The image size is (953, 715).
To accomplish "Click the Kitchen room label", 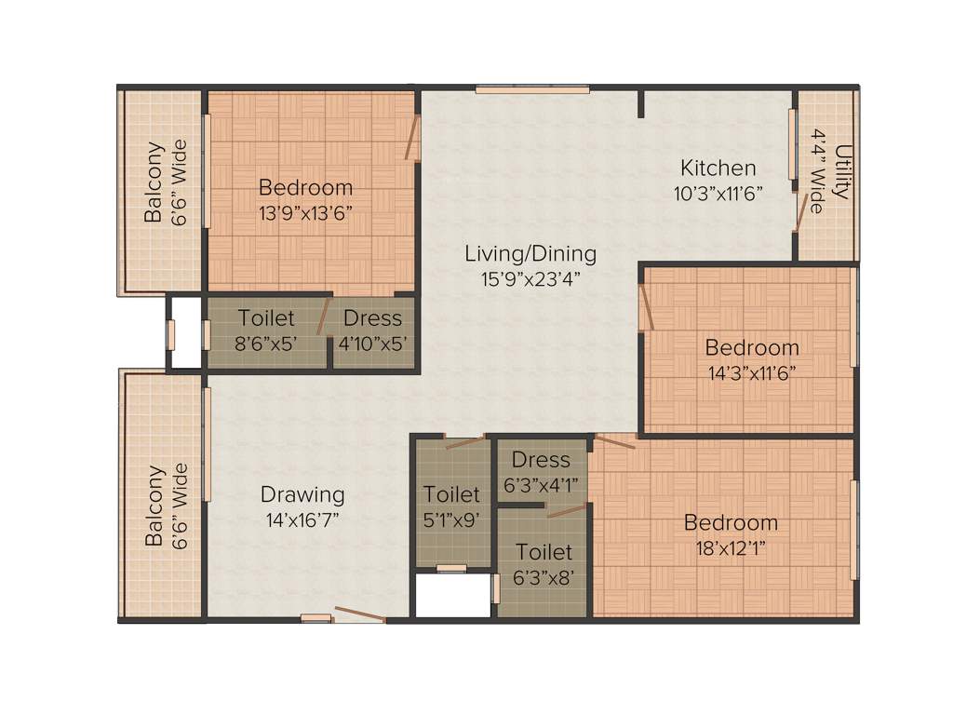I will coord(718,169).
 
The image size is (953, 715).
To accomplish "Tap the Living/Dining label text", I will coord(530,253).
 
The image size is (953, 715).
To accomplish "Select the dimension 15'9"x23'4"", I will coord(530,277).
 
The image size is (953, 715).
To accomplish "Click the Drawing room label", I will coord(302,494).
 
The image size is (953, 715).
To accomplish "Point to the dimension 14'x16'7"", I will coord(302,519).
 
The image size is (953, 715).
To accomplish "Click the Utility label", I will coord(842,171).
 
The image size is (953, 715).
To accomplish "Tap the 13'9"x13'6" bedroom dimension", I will coord(305,211).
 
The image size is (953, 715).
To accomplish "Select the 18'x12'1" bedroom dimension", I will coord(731,546).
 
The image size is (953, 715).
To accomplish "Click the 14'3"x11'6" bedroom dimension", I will coord(751,372).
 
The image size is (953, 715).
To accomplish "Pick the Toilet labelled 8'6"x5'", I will coord(266,318).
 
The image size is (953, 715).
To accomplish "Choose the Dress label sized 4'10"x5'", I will coord(371,318).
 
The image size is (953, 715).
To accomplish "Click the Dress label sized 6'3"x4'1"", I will coord(541,460).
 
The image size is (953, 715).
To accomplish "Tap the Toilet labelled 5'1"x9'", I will coord(451,494).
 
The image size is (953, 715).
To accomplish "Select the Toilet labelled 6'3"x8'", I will coord(544,552).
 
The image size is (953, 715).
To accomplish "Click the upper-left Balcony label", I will coord(154,182).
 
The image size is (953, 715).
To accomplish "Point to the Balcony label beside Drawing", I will coord(154,506).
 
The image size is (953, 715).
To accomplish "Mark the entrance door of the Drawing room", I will coord(359,614).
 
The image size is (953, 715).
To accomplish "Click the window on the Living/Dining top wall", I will coord(532,90).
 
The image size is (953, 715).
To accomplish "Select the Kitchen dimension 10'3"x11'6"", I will coord(718,194).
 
